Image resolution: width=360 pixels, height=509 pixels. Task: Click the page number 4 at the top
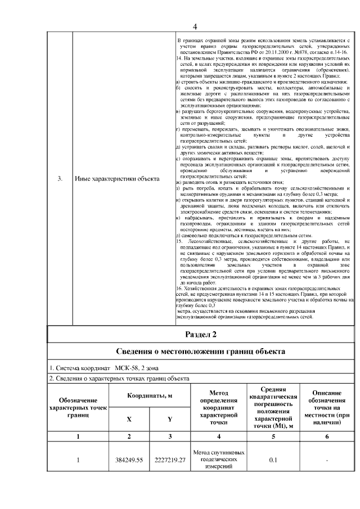pyautogui.click(x=195, y=26)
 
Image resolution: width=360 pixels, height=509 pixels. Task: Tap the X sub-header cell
pyautogui.click(x=129, y=419)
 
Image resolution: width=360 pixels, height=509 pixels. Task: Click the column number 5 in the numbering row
pyautogui.click(x=273, y=436)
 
